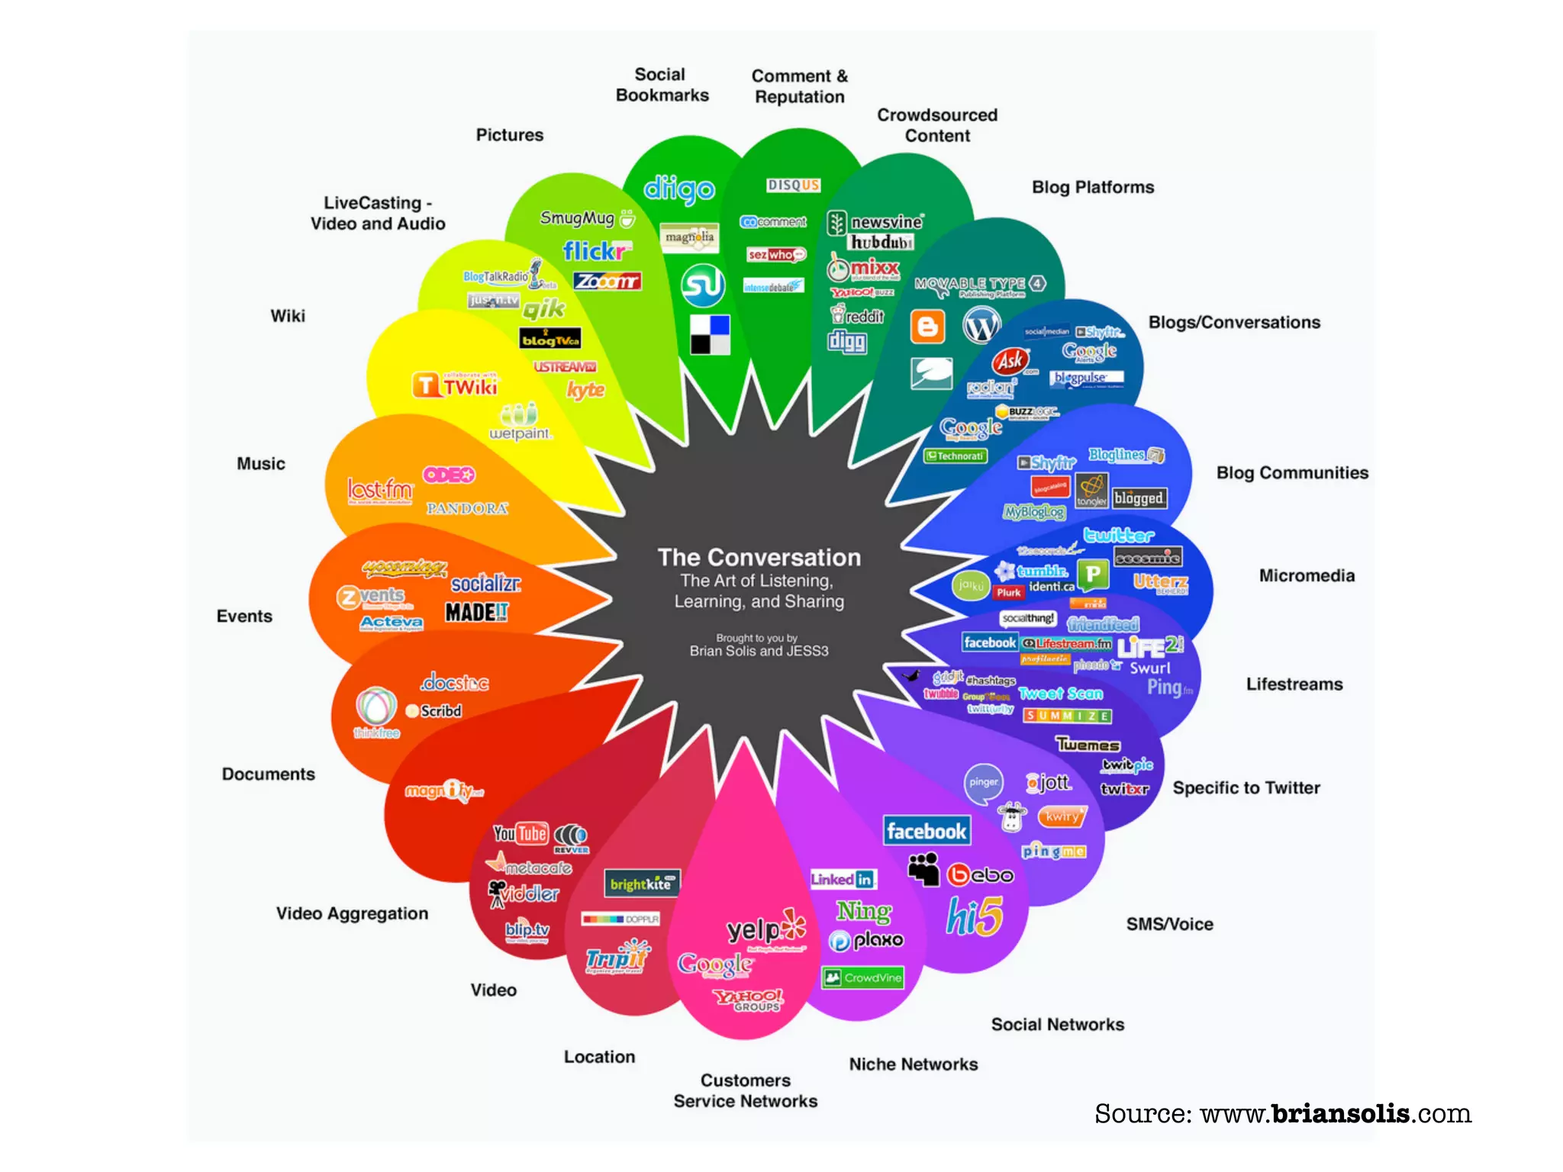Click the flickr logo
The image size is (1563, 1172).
coord(595,251)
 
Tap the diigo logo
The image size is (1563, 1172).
coord(678,188)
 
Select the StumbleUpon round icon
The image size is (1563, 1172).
coord(702,285)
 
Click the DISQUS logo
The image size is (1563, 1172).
coord(793,185)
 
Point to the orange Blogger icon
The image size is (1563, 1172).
coord(927,327)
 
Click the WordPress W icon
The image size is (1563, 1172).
coord(981,326)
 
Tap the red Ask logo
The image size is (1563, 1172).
coord(1010,361)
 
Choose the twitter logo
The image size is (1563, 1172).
coord(1119,535)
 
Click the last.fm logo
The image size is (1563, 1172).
coord(380,489)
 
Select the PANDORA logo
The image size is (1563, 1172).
coord(467,508)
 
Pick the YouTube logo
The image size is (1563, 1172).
coord(520,833)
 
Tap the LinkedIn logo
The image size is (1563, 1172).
coord(843,879)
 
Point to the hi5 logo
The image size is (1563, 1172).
coord(975,916)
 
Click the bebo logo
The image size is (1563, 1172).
coord(981,874)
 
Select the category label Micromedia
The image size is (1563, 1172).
coord(1307,576)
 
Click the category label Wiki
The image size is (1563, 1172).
coord(288,316)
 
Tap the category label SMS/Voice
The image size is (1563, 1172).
coord(1169,924)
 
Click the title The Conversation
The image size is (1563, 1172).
coord(759,558)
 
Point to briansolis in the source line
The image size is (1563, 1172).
coord(1340,1114)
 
